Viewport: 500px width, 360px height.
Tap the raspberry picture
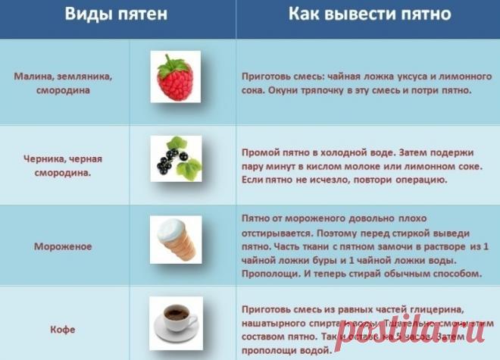[x=174, y=77]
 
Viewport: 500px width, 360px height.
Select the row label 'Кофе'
[x=63, y=330]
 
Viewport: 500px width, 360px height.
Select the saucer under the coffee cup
[x=174, y=333]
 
